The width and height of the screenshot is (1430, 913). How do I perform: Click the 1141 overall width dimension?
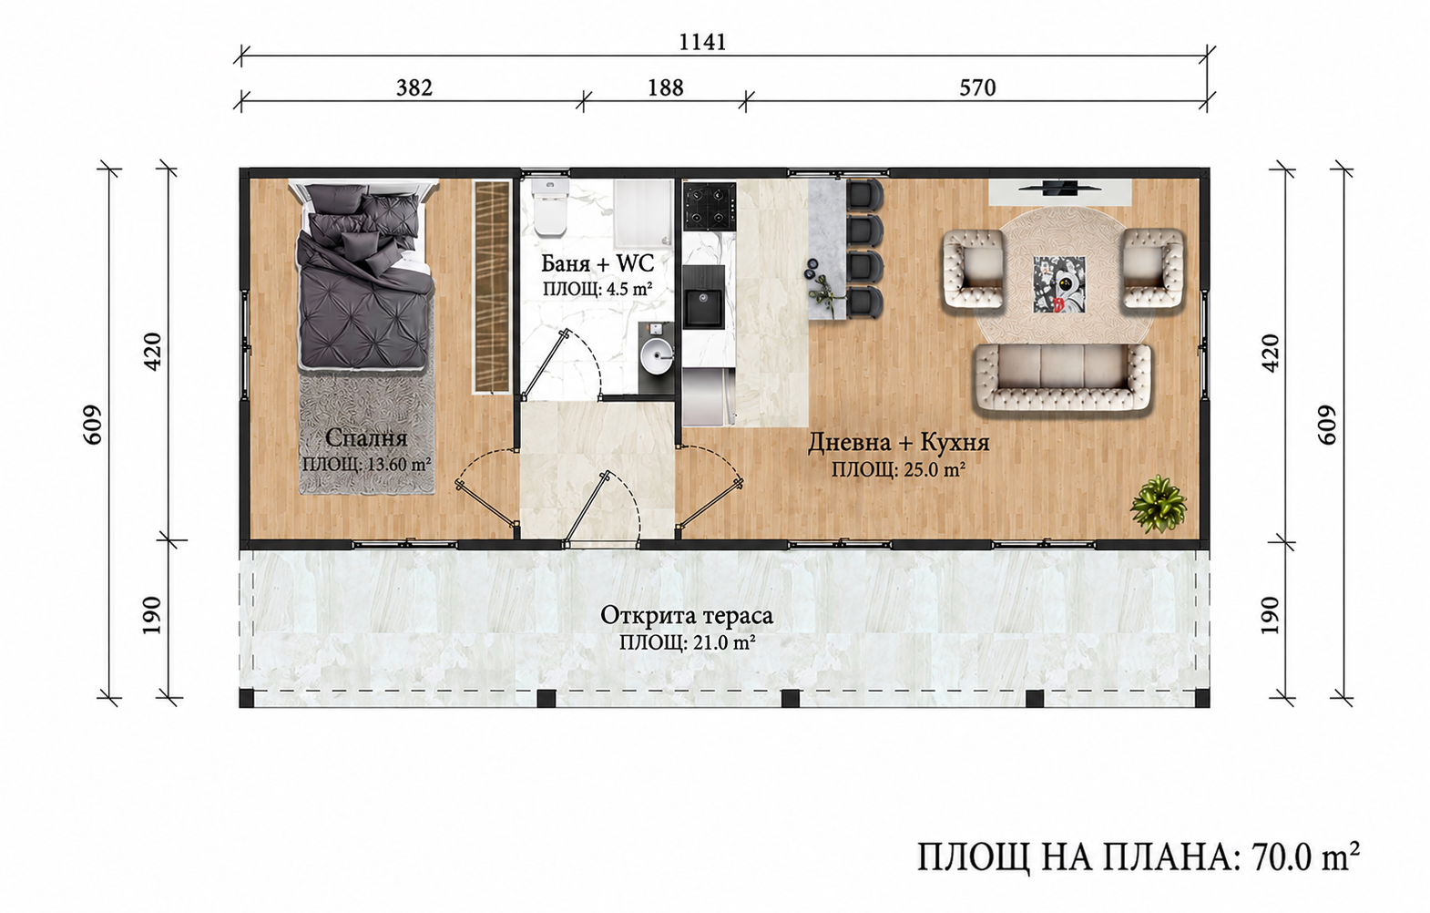702,42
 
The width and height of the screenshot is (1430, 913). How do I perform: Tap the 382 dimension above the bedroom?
414,87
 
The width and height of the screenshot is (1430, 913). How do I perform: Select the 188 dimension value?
666,87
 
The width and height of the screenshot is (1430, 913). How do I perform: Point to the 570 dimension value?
977,87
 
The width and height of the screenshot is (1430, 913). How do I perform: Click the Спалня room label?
366,438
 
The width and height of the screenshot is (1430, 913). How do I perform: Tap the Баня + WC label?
598,262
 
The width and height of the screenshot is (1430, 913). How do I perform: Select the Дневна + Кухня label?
899,443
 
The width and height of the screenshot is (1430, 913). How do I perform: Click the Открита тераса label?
687,615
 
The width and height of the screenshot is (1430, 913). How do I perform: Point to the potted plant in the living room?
1158,503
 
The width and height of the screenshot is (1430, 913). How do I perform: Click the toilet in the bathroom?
550,208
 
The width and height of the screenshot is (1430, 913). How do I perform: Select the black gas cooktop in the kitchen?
710,206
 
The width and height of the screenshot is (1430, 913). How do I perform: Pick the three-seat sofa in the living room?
1062,377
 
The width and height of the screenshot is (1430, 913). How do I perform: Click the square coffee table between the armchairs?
1059,284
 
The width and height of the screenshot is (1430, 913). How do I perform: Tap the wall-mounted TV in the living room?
1059,187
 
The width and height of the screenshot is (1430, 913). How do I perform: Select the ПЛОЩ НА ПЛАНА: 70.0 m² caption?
1139,857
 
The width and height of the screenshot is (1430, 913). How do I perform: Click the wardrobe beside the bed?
492,286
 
